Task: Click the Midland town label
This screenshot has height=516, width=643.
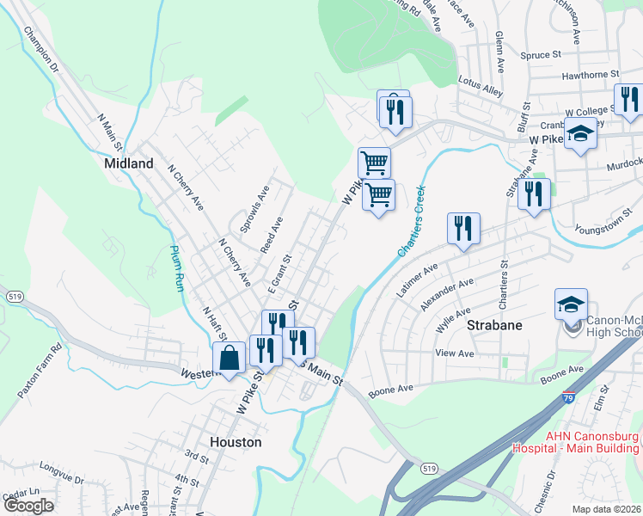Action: point(128,163)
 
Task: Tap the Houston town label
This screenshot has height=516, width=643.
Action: point(235,441)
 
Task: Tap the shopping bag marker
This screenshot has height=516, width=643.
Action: point(230,358)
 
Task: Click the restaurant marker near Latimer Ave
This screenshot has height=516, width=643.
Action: point(463,229)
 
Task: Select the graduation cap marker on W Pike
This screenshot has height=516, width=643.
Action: point(581,135)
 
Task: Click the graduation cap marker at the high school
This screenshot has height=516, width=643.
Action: point(571,304)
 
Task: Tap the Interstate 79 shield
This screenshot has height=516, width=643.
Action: point(568,398)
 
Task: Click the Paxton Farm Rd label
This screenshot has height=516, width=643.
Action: point(39,371)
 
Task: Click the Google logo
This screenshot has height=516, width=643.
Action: point(28,506)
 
